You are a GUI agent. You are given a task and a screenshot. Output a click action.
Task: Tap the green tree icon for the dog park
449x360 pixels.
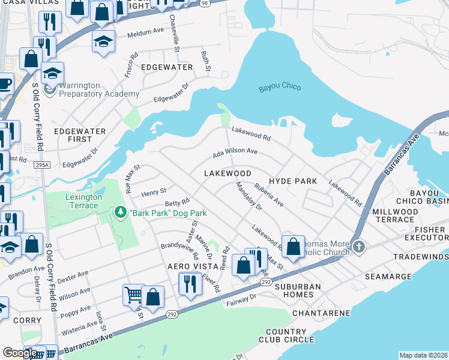pos(121,212)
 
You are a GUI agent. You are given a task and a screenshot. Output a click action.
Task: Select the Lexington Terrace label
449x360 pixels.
pos(80,201)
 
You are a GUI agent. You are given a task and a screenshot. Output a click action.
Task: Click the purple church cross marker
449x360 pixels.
pos(358,247)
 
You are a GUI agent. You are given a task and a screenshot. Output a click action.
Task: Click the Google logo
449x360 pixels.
pos(20,353)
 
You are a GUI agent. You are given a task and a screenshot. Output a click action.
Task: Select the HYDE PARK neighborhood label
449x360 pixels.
pos(292,181)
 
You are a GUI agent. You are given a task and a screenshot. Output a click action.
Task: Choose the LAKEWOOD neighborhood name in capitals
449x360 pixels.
pos(227,173)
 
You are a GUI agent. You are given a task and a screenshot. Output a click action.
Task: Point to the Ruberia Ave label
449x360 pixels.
pos(268,195)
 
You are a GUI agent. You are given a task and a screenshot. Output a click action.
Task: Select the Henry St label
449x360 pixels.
pos(153,193)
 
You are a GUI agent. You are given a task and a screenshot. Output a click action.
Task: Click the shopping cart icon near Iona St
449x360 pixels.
pos(134,293)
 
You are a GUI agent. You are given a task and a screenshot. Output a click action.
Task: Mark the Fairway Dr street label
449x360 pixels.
pos(241,299)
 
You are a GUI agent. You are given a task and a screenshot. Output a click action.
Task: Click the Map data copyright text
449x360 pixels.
pos(423,355)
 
